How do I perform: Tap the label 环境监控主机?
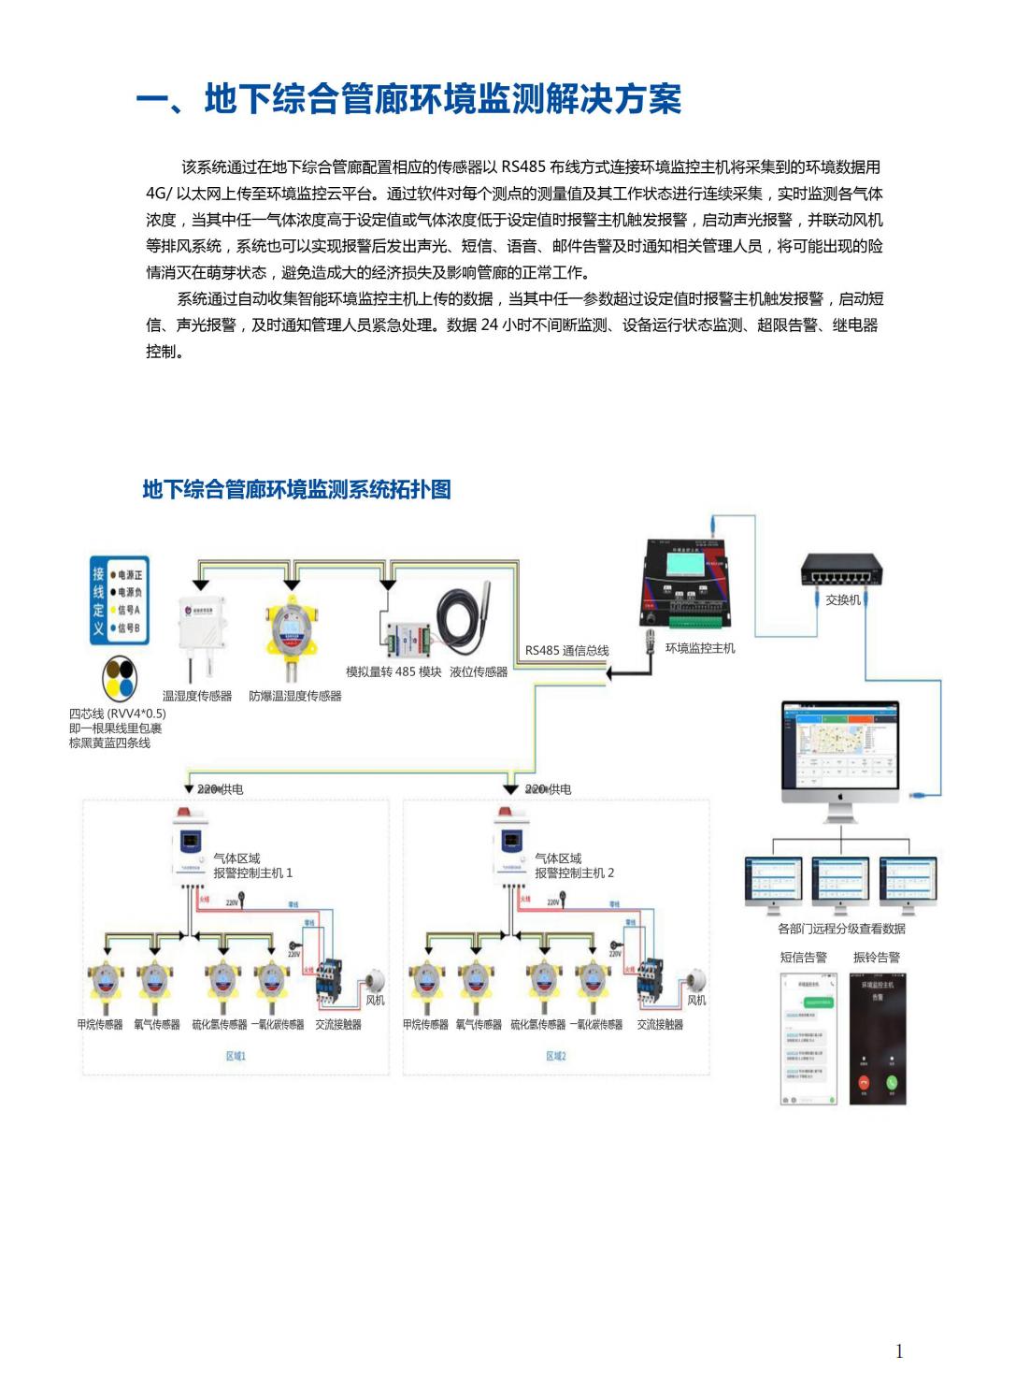[x=700, y=648]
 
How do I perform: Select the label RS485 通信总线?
[x=566, y=651]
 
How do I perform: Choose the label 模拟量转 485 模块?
[x=393, y=671]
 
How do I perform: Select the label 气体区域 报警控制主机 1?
[x=252, y=866]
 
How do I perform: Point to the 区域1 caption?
[x=236, y=1056]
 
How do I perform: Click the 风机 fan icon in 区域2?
[x=695, y=981]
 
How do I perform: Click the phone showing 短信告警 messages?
[x=806, y=1038]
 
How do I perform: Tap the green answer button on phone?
[x=892, y=1083]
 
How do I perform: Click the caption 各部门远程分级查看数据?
[x=841, y=929]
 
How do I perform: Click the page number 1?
[x=899, y=1350]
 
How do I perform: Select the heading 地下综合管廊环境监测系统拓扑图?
[x=296, y=489]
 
